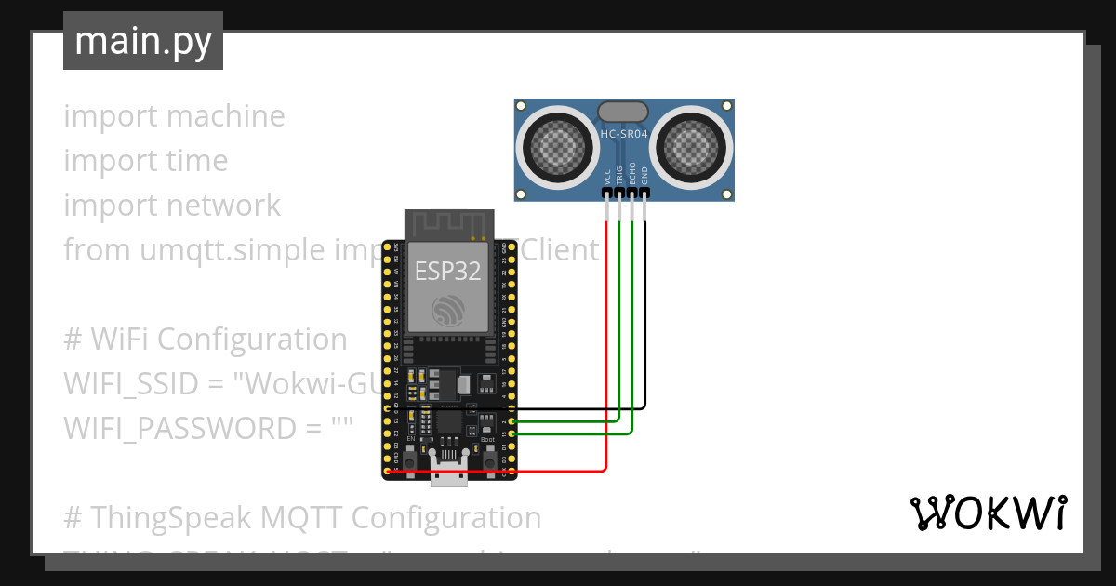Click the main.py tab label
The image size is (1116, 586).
143,41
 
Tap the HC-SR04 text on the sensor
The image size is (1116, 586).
624,135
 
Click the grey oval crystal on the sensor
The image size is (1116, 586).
624,112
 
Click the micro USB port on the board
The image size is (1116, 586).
450,472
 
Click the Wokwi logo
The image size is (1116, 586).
987,513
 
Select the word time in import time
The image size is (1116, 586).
196,161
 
